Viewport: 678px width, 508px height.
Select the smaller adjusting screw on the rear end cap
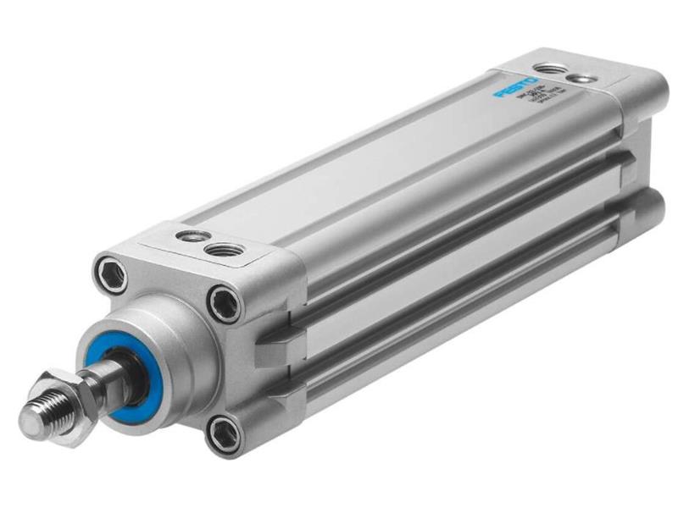click(578, 79)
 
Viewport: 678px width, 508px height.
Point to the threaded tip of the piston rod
click(38, 415)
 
